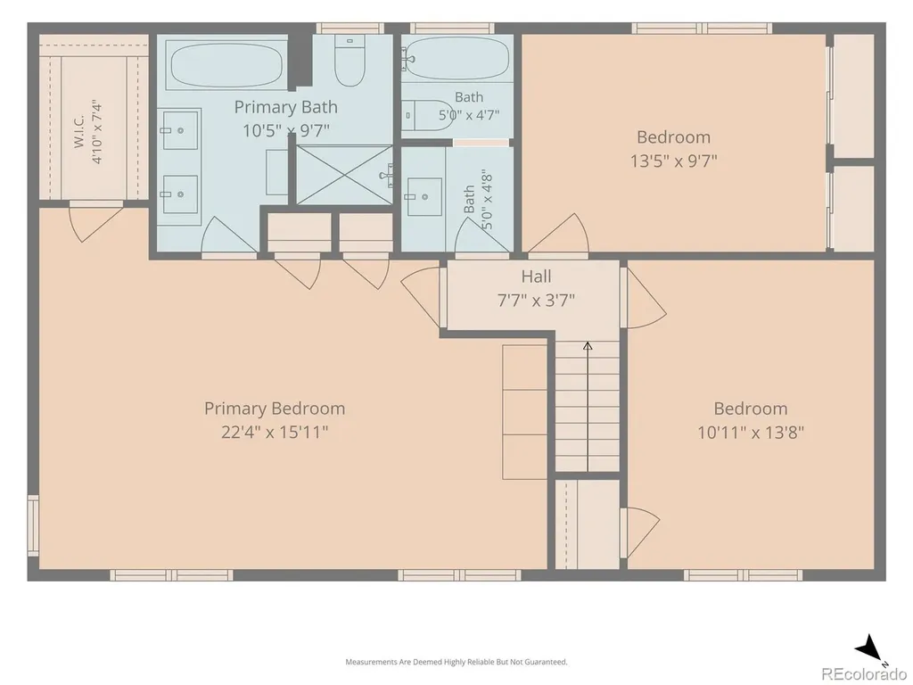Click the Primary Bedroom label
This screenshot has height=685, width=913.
pyautogui.click(x=275, y=409)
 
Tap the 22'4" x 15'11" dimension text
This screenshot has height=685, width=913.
pyautogui.click(x=275, y=433)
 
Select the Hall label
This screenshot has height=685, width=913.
pyautogui.click(x=536, y=276)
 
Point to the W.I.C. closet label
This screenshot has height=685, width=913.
pyautogui.click(x=79, y=132)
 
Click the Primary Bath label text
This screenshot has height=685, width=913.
pyautogui.click(x=285, y=107)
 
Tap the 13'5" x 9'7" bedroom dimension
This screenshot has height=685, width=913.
pyautogui.click(x=674, y=161)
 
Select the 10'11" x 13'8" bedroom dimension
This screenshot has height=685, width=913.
pyautogui.click(x=751, y=433)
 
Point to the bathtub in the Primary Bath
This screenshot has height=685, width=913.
pyautogui.click(x=227, y=64)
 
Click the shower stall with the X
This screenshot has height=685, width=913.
pyautogui.click(x=345, y=175)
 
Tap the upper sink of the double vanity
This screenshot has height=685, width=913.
pyautogui.click(x=180, y=129)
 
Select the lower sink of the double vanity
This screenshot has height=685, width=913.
pyautogui.click(x=180, y=194)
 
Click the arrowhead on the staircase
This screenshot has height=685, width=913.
pyautogui.click(x=588, y=346)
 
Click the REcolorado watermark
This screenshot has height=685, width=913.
pyautogui.click(x=864, y=674)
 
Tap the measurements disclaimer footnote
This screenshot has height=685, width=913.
pyautogui.click(x=456, y=662)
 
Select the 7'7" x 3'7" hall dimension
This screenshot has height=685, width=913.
pyautogui.click(x=536, y=301)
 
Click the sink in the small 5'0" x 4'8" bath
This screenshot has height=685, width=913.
pyautogui.click(x=424, y=197)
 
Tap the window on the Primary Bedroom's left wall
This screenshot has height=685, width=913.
pyautogui.click(x=33, y=525)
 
